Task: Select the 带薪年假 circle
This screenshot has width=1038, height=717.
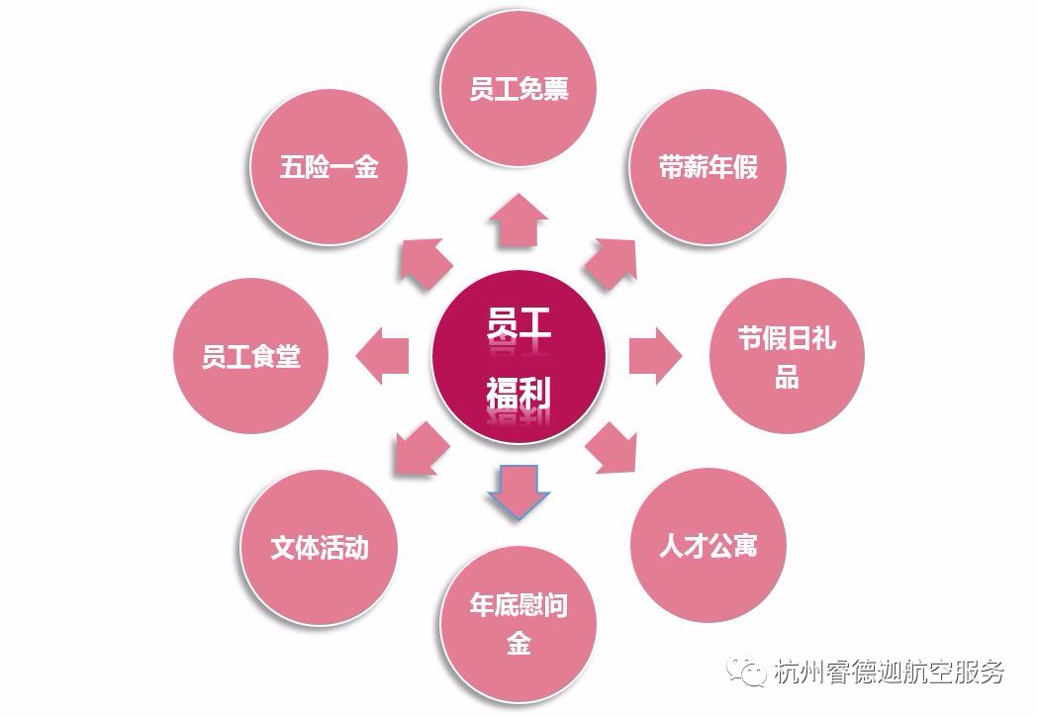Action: (x=708, y=167)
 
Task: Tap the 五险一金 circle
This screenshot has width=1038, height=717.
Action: (x=330, y=167)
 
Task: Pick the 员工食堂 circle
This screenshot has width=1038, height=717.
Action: (x=251, y=356)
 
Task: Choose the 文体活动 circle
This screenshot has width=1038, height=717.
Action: (x=319, y=546)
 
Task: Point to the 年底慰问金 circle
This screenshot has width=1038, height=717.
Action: (x=519, y=623)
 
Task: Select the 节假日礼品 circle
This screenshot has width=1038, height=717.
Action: (x=787, y=357)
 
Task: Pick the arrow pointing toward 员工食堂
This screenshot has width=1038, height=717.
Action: (x=382, y=357)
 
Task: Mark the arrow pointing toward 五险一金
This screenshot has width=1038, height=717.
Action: (x=425, y=262)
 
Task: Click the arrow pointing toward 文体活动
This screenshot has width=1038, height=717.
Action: (x=421, y=449)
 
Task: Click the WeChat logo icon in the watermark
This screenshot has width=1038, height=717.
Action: (x=749, y=673)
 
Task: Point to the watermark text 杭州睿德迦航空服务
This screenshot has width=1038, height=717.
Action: (x=891, y=672)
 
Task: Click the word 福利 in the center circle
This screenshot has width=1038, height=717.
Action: (x=519, y=394)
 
